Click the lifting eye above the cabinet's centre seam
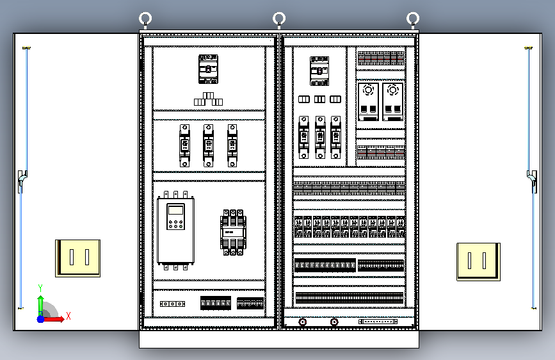[279, 18]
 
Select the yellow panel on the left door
[78, 258]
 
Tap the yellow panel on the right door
[478, 261]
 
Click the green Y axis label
[40, 288]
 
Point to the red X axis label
[68, 316]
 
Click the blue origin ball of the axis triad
[40, 318]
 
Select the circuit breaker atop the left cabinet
[208, 69]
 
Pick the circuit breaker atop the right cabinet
[319, 70]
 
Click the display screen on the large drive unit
[175, 211]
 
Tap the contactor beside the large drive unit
[234, 231]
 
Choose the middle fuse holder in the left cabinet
[208, 145]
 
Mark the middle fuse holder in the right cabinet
[320, 136]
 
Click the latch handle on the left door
[21, 181]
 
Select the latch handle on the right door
[533, 181]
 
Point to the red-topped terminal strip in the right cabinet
[382, 59]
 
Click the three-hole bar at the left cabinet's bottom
[172, 304]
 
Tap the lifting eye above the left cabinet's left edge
[145, 19]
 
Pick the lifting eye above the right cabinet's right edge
[413, 19]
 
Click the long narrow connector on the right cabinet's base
[380, 321]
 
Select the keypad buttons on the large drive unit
[175, 224]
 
